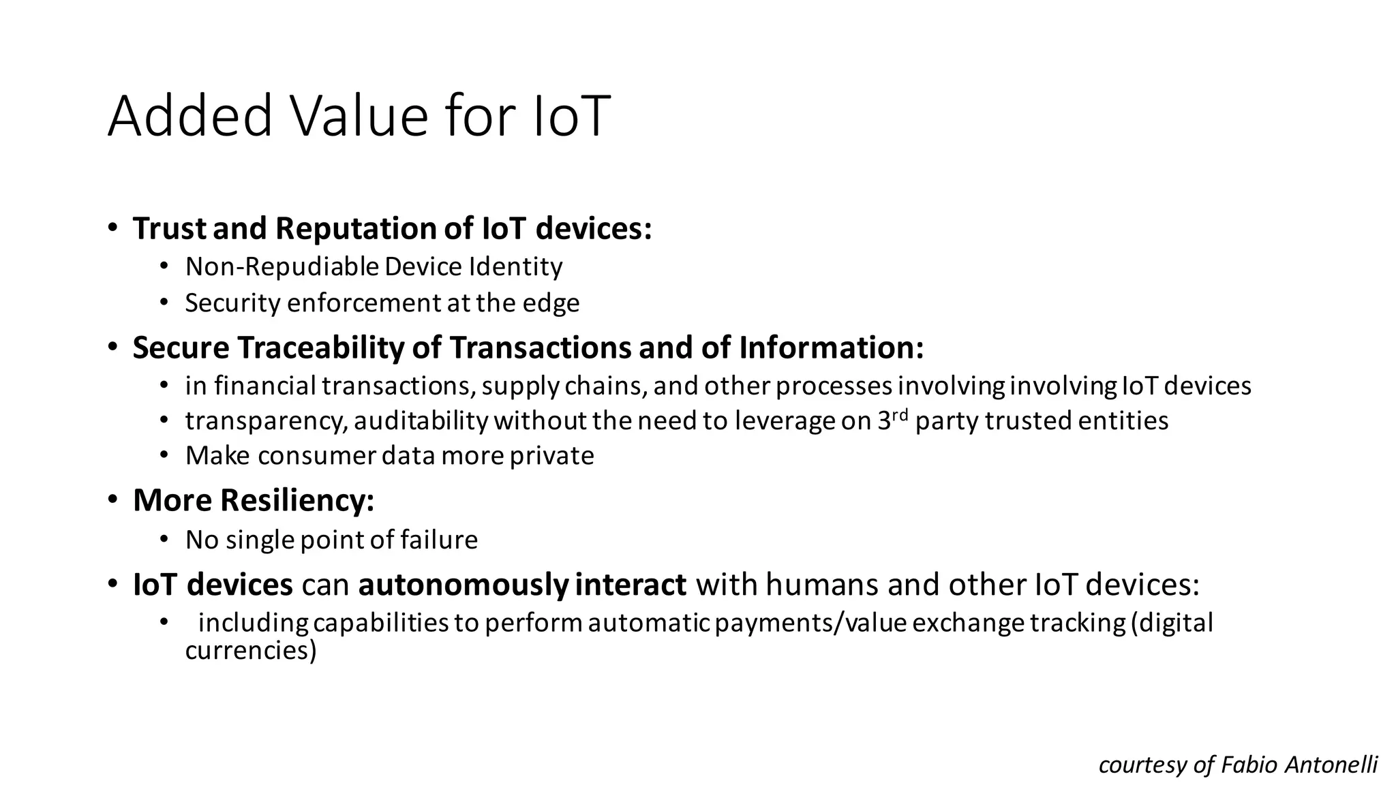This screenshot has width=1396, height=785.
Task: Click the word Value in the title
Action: coord(361,116)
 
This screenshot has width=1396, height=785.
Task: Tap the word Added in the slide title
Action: coord(190,116)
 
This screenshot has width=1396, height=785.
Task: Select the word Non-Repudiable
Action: coord(282,266)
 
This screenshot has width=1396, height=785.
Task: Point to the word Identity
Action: coord(515,266)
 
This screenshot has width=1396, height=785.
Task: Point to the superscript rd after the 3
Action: coord(901,414)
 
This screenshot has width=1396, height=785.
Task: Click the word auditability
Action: coord(421,421)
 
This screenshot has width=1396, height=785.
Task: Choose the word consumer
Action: coord(317,456)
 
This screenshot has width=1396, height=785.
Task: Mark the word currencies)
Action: coord(251,651)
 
